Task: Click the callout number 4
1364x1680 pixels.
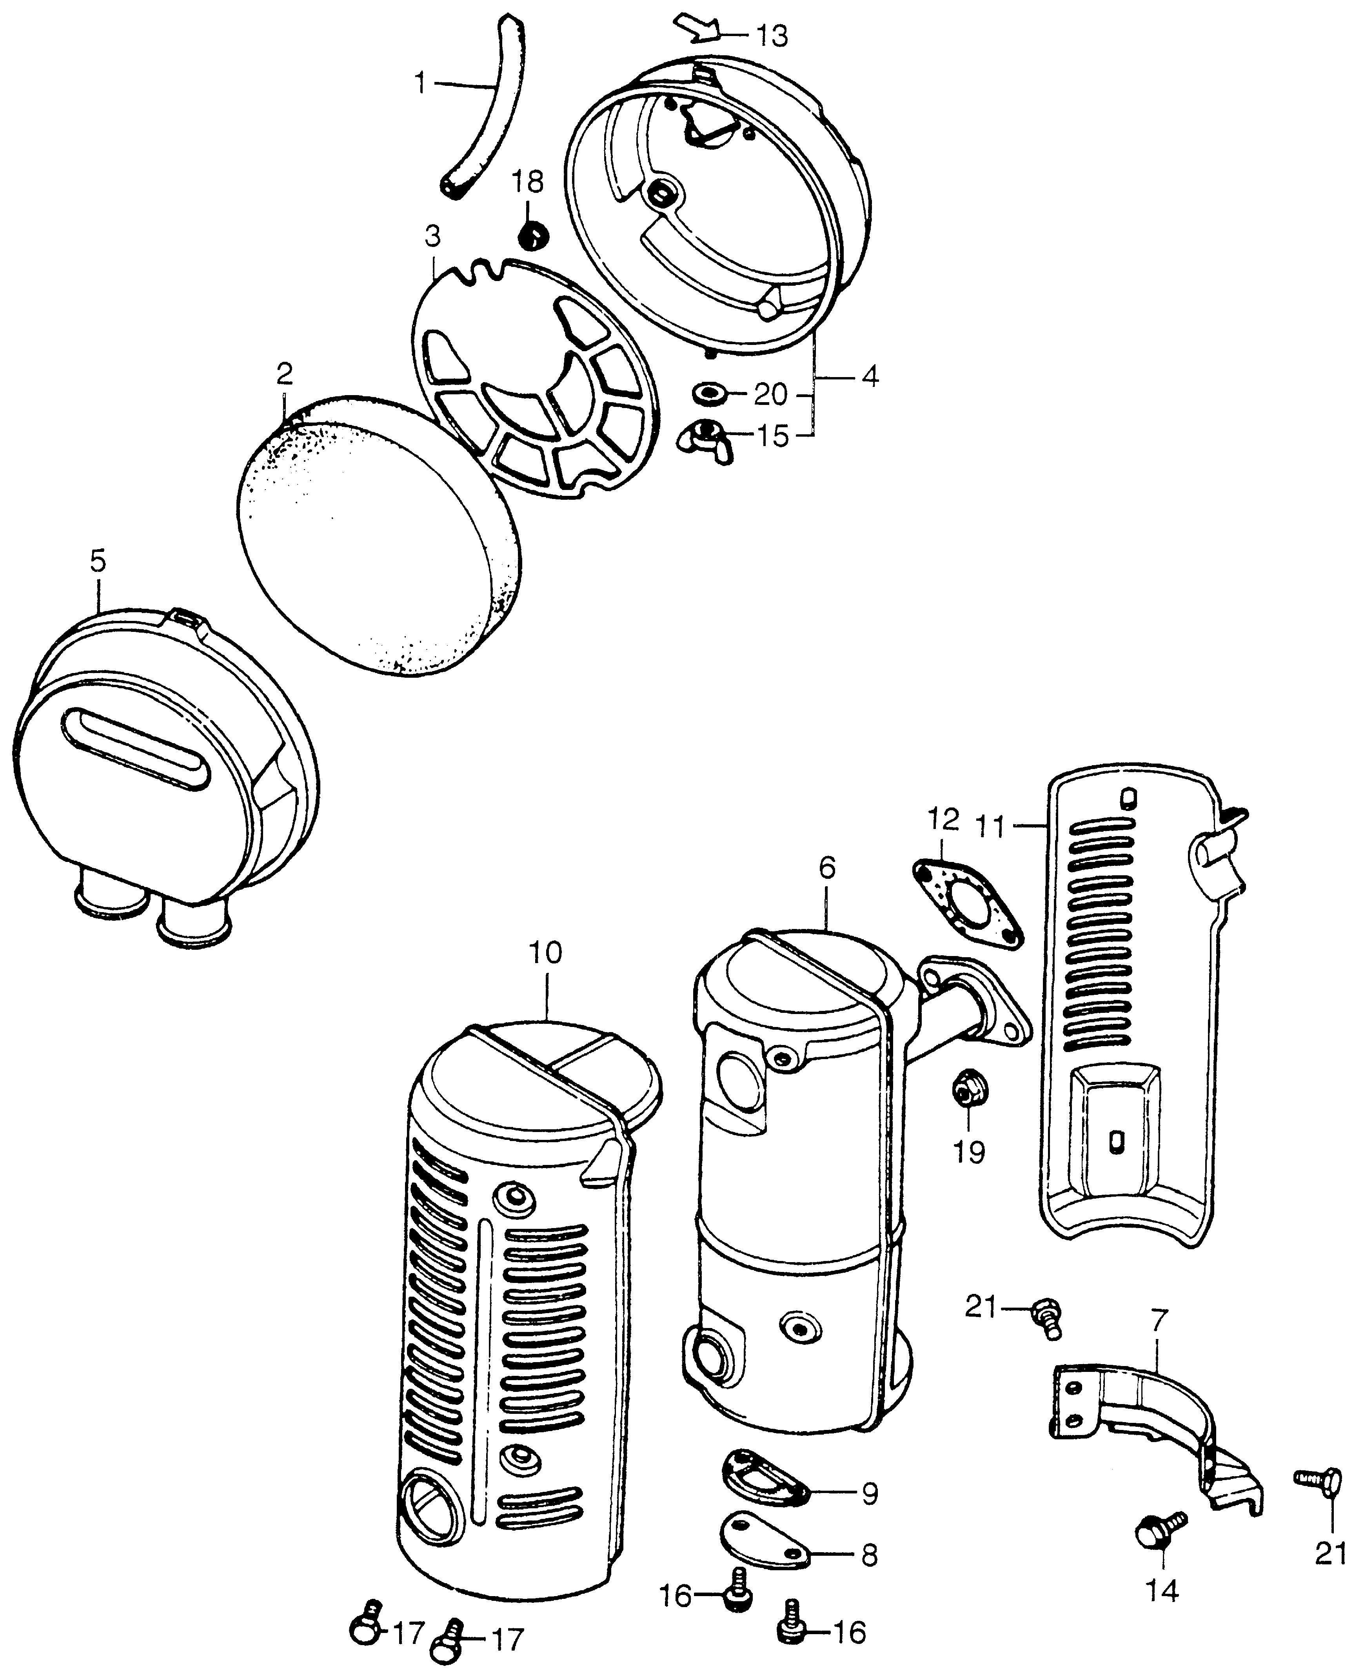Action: [x=869, y=377]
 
